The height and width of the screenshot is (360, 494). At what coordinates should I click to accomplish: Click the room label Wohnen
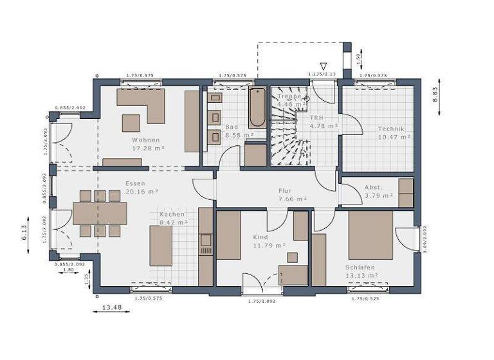[x=146, y=139]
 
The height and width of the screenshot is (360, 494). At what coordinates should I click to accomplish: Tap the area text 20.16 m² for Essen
[x=142, y=191]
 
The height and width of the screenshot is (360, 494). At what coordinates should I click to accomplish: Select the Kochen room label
[x=172, y=214]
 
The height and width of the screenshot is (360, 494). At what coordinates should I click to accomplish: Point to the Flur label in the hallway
[x=285, y=191]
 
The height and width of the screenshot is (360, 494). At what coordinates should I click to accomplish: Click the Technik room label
[x=392, y=129]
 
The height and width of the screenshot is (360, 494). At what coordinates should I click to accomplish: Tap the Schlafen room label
[x=360, y=267]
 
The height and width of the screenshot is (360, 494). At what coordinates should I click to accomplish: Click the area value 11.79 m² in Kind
[x=270, y=245]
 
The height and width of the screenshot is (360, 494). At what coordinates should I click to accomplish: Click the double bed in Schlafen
[x=370, y=234]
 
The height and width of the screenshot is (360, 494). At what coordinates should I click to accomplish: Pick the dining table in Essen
[x=100, y=213]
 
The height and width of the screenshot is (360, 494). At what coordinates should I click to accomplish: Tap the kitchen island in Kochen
[x=161, y=246]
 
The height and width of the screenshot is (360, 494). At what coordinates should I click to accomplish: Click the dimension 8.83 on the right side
[x=435, y=95]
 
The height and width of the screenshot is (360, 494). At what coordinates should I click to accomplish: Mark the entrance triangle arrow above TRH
[x=324, y=66]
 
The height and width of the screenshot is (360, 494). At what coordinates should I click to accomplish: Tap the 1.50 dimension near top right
[x=359, y=59]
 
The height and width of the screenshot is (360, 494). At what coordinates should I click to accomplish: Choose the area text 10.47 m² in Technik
[x=394, y=137]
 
